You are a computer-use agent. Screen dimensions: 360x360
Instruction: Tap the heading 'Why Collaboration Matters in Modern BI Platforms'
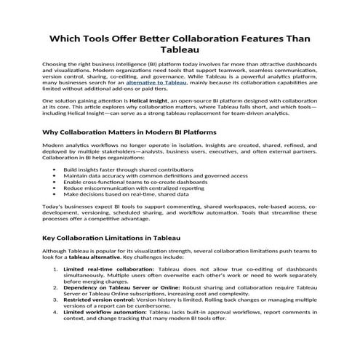pyautogui.click(x=129, y=133)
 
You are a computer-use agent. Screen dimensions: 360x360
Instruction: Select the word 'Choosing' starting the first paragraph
pyautogui.click(x=56, y=64)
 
